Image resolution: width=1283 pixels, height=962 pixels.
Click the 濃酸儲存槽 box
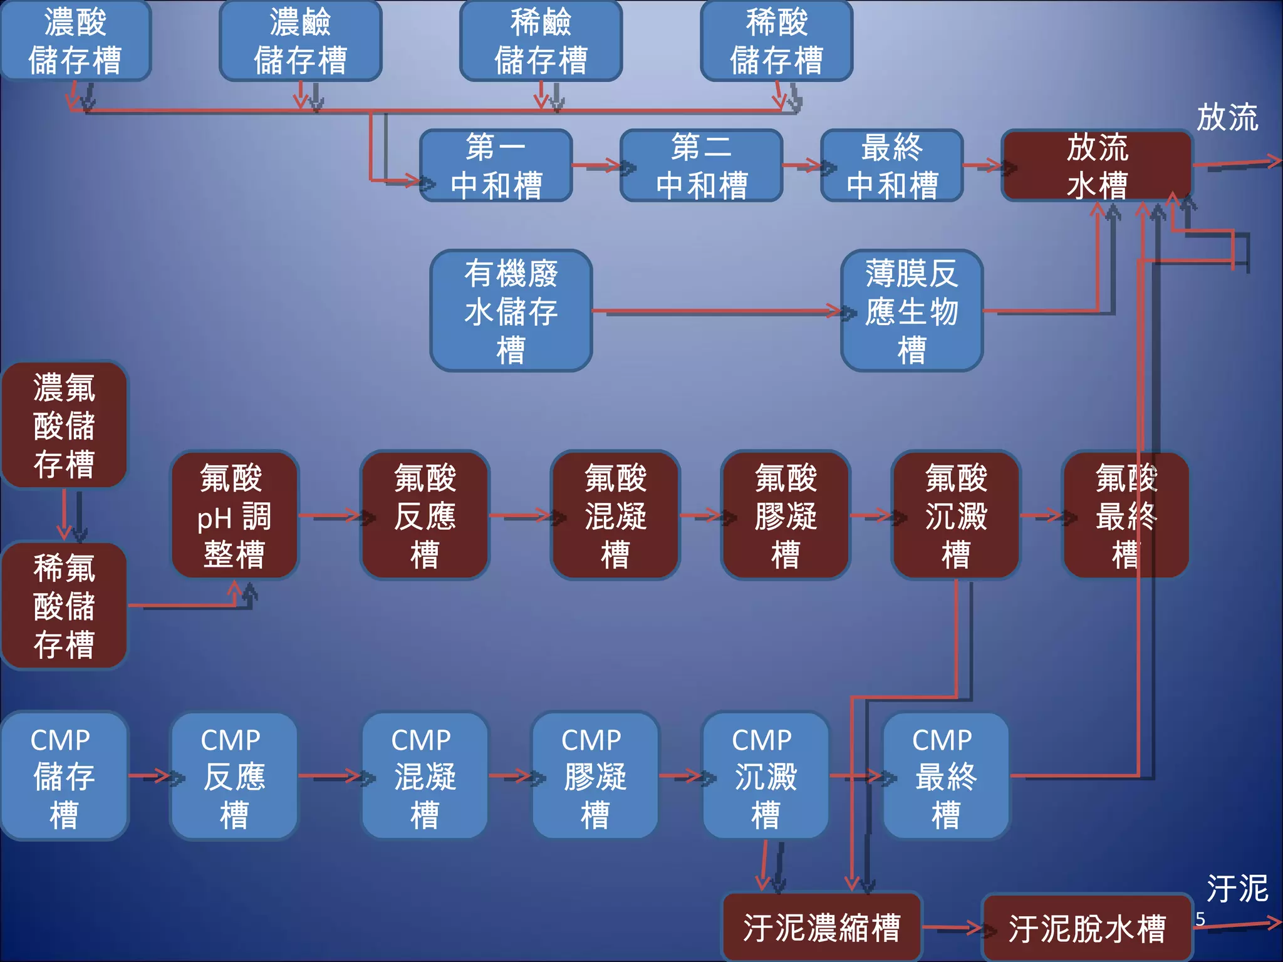click(x=75, y=41)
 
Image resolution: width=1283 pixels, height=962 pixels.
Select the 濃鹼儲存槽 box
click(x=301, y=41)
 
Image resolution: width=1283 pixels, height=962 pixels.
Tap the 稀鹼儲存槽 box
click(x=541, y=41)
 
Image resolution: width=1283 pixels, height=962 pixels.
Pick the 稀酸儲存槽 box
click(x=776, y=41)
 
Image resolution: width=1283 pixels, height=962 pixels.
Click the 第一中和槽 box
click(x=496, y=166)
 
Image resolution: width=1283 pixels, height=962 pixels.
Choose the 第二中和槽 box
click(x=701, y=166)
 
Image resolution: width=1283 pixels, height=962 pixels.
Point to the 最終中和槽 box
click(x=891, y=166)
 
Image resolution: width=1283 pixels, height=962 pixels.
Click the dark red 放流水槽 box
click(x=1097, y=166)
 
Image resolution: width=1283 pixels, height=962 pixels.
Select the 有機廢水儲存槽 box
click(x=511, y=311)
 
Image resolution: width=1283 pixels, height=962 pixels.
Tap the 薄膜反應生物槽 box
click(x=912, y=311)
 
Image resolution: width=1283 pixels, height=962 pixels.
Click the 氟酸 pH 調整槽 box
click(x=234, y=515)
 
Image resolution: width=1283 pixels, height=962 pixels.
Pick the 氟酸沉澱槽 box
click(x=956, y=515)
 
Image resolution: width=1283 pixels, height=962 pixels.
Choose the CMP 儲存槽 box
click(x=64, y=776)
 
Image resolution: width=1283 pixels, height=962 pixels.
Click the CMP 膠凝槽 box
click(x=595, y=776)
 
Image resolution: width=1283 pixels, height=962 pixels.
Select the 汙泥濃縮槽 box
click(x=821, y=928)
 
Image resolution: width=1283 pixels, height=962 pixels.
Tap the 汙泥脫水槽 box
click(x=1086, y=928)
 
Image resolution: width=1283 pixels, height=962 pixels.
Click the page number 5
click(x=1200, y=919)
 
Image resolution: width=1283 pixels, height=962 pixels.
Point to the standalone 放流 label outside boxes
click(x=1227, y=117)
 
